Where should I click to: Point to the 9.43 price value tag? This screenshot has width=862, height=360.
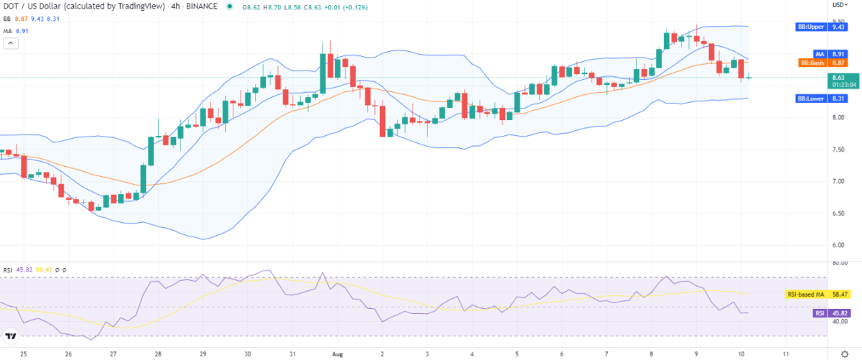837,27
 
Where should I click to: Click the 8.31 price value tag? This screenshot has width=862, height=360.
837,98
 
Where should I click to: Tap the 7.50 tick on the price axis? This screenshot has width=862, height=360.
837,149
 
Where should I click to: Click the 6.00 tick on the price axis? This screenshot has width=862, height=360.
837,245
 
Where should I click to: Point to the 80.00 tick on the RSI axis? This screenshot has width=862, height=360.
837,263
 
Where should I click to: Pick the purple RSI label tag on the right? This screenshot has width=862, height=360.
819,313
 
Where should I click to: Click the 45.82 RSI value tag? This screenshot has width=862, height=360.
838,313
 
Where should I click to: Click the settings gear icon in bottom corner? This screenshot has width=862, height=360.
844,353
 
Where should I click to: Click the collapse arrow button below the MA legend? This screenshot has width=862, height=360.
11,43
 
